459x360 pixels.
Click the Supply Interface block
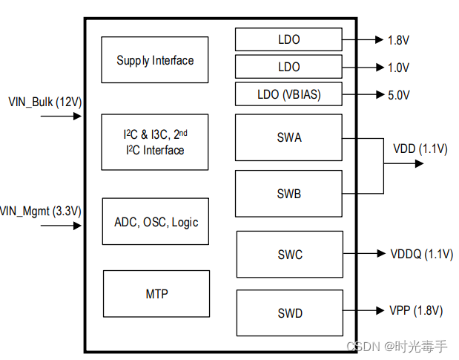[x=154, y=60]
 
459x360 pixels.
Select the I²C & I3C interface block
[x=154, y=143]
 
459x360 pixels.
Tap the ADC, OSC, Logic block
[x=156, y=222]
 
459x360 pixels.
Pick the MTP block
[x=156, y=294]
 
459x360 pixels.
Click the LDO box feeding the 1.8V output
[x=288, y=39]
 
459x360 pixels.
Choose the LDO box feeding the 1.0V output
[x=288, y=67]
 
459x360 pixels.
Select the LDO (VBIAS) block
[x=288, y=94]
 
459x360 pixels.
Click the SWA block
[x=288, y=137]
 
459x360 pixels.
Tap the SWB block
[x=288, y=194]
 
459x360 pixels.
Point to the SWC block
[x=289, y=255]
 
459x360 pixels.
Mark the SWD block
[x=289, y=313]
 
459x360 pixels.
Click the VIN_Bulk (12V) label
[x=41, y=101]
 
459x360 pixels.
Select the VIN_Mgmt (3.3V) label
[x=41, y=212]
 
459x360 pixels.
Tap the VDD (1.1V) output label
[x=420, y=148]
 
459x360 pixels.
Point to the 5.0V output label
[x=398, y=95]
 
